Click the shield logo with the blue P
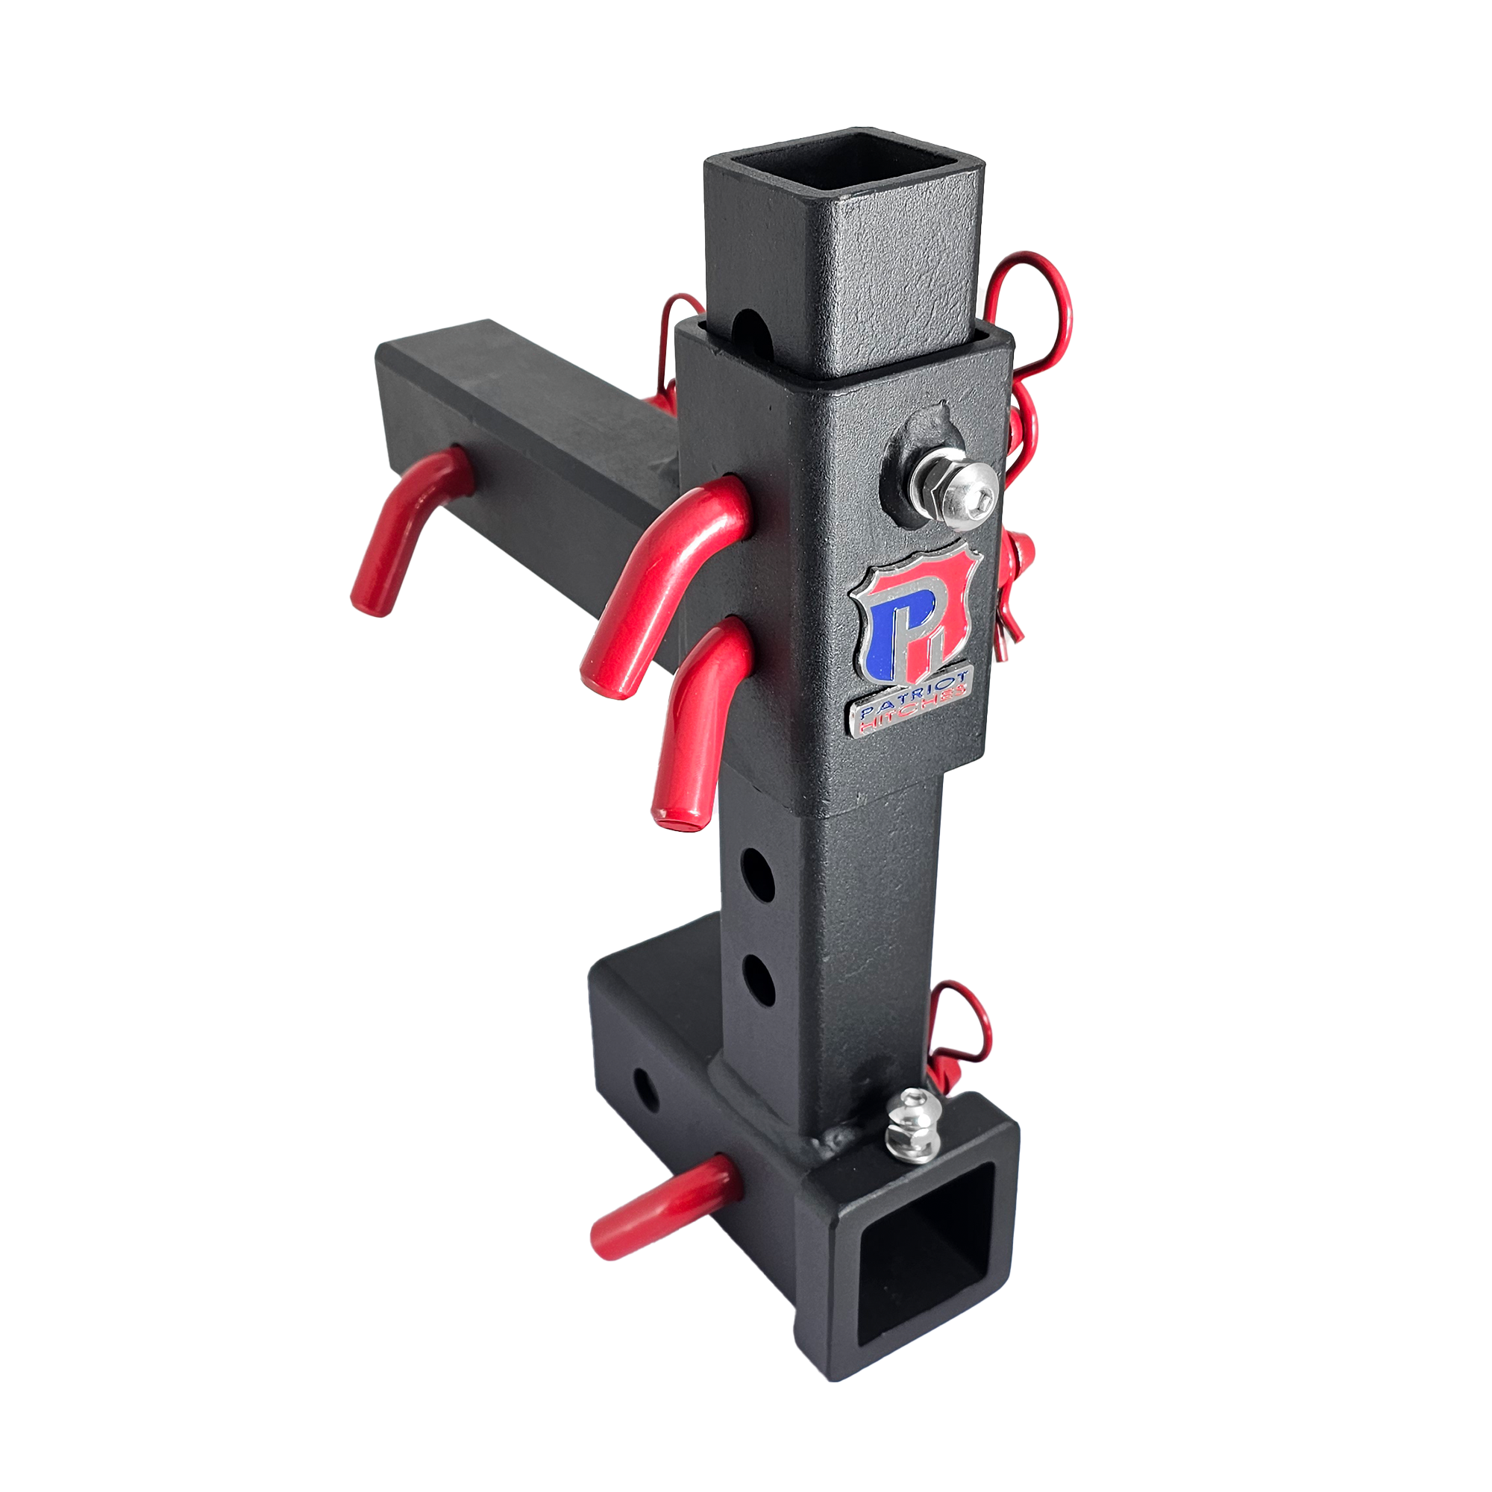[x=915, y=618]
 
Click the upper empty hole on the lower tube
[x=756, y=874]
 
